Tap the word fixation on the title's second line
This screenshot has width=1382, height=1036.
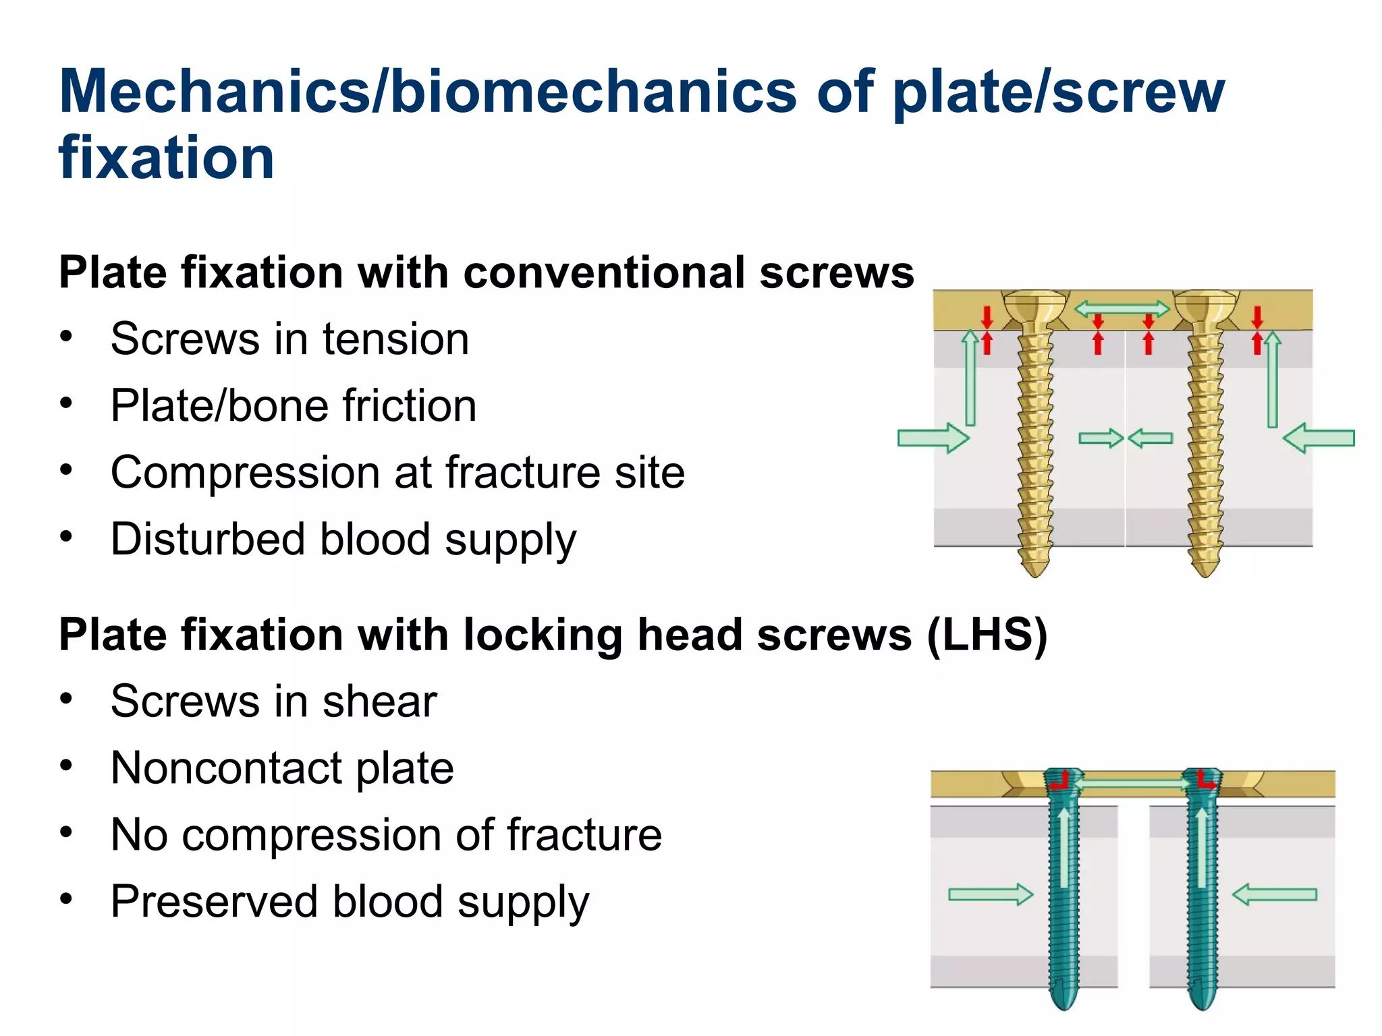point(166,157)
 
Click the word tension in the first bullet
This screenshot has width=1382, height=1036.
point(395,339)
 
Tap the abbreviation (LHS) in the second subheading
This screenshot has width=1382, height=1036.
point(987,635)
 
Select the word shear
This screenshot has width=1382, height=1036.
point(380,701)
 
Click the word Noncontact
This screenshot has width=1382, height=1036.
point(226,768)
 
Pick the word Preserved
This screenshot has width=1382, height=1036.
point(214,901)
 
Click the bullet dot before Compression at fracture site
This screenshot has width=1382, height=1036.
point(65,470)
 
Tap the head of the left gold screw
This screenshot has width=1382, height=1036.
point(1034,307)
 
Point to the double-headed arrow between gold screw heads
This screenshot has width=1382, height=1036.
point(1121,309)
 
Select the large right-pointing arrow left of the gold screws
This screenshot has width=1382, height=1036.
point(933,438)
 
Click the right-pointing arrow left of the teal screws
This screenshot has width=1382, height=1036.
point(990,894)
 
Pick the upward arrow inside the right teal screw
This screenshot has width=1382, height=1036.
point(1201,847)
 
